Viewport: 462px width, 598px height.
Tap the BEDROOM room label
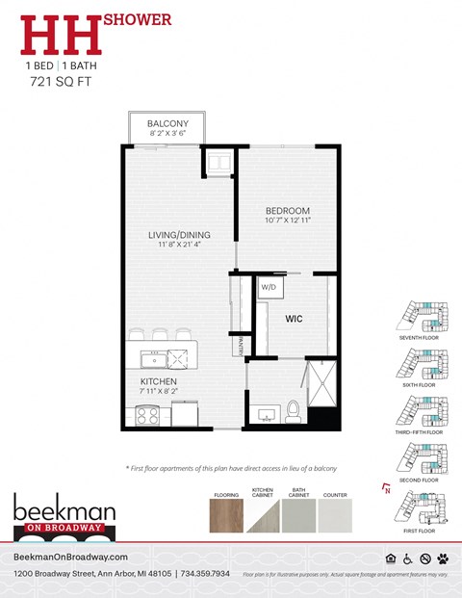[288, 211]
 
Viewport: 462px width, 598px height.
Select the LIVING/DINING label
[179, 235]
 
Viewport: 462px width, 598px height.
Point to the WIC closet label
[295, 317]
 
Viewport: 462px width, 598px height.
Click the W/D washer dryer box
[268, 287]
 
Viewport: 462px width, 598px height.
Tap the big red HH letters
[63, 35]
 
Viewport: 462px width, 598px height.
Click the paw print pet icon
[443, 559]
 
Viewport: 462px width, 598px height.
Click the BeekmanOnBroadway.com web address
[71, 558]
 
